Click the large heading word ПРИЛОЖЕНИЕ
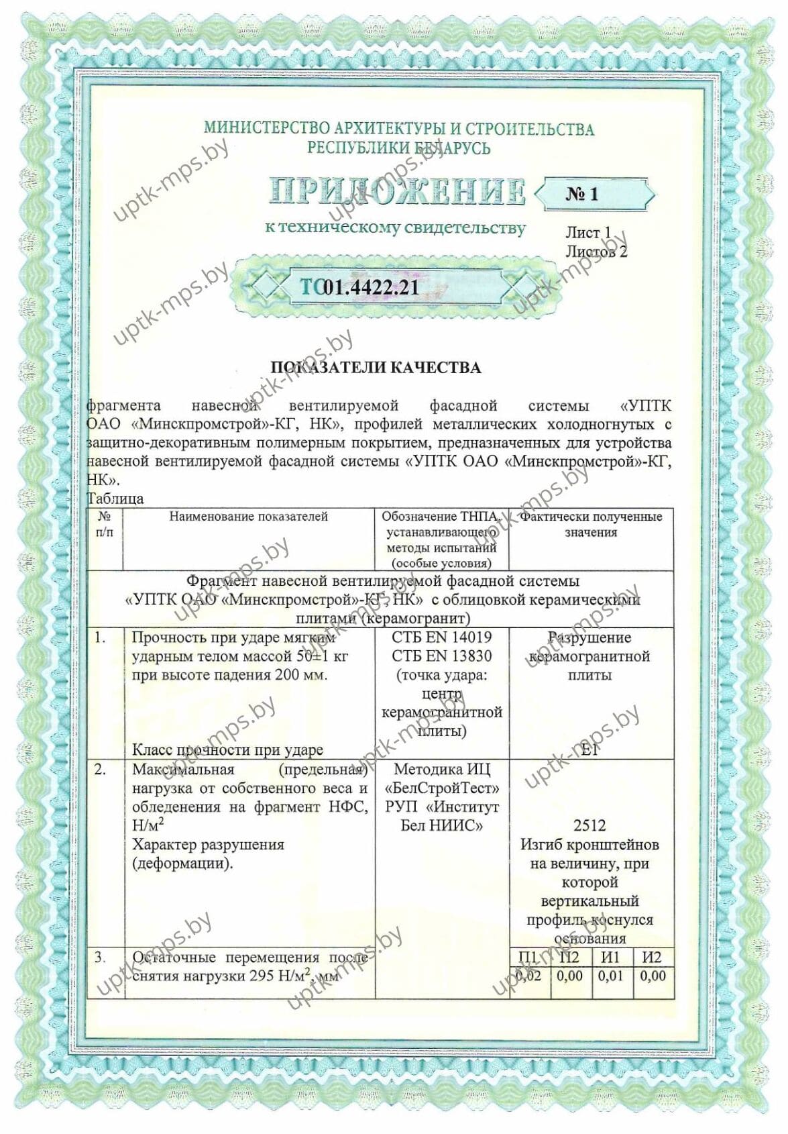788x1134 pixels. pos(397,192)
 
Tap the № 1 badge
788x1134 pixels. pos(581,194)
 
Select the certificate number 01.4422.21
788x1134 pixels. pos(371,288)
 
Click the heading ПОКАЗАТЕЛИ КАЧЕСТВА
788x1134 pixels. pos(375,367)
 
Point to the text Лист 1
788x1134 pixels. pos(587,232)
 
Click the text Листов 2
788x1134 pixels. pos(596,252)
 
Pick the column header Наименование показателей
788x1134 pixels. pos(248,516)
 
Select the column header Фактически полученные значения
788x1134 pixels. pos(591,524)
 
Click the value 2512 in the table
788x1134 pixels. pos(589,826)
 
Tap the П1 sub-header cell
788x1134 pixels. pos(529,957)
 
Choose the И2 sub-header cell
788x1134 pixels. pos(652,957)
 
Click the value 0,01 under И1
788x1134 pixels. pos(611,976)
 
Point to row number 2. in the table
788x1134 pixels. pos(100,770)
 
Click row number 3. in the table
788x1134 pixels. pos(100,957)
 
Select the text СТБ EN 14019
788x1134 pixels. pos(441,637)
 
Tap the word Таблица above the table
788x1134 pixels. pos(115,499)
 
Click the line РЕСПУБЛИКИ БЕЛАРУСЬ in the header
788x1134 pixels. pos(398,148)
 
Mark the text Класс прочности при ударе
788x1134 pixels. pos(227,750)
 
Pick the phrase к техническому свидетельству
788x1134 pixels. pos(395,227)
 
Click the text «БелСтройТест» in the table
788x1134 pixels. pos(441,788)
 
